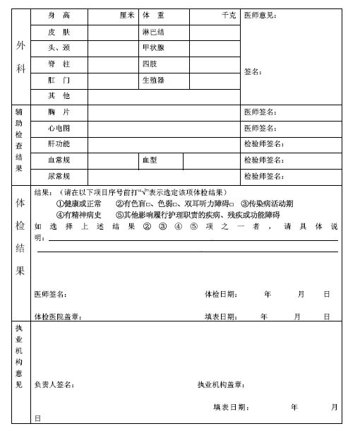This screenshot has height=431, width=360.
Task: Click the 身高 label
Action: (x=59, y=15)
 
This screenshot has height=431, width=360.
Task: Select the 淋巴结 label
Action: (x=153, y=32)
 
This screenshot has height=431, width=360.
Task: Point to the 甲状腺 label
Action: (x=153, y=48)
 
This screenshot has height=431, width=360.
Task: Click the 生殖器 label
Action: (x=153, y=81)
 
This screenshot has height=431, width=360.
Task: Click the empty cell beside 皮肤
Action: (x=112, y=32)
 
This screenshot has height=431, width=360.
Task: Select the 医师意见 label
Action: (x=260, y=15)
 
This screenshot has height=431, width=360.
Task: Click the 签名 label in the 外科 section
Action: (x=253, y=71)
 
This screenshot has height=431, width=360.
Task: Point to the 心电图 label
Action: (x=59, y=129)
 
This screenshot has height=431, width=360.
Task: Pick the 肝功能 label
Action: (x=59, y=144)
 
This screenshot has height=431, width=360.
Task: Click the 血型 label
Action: (x=149, y=160)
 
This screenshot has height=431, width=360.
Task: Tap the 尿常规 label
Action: (x=59, y=176)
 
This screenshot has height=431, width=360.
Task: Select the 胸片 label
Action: (x=59, y=112)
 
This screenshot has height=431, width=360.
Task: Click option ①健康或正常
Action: (x=79, y=203)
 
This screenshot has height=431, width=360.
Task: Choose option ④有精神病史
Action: (x=79, y=215)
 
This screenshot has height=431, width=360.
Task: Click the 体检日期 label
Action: (x=221, y=294)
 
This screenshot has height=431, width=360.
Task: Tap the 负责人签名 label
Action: (x=54, y=385)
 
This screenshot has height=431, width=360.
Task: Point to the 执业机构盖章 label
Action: (x=221, y=385)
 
